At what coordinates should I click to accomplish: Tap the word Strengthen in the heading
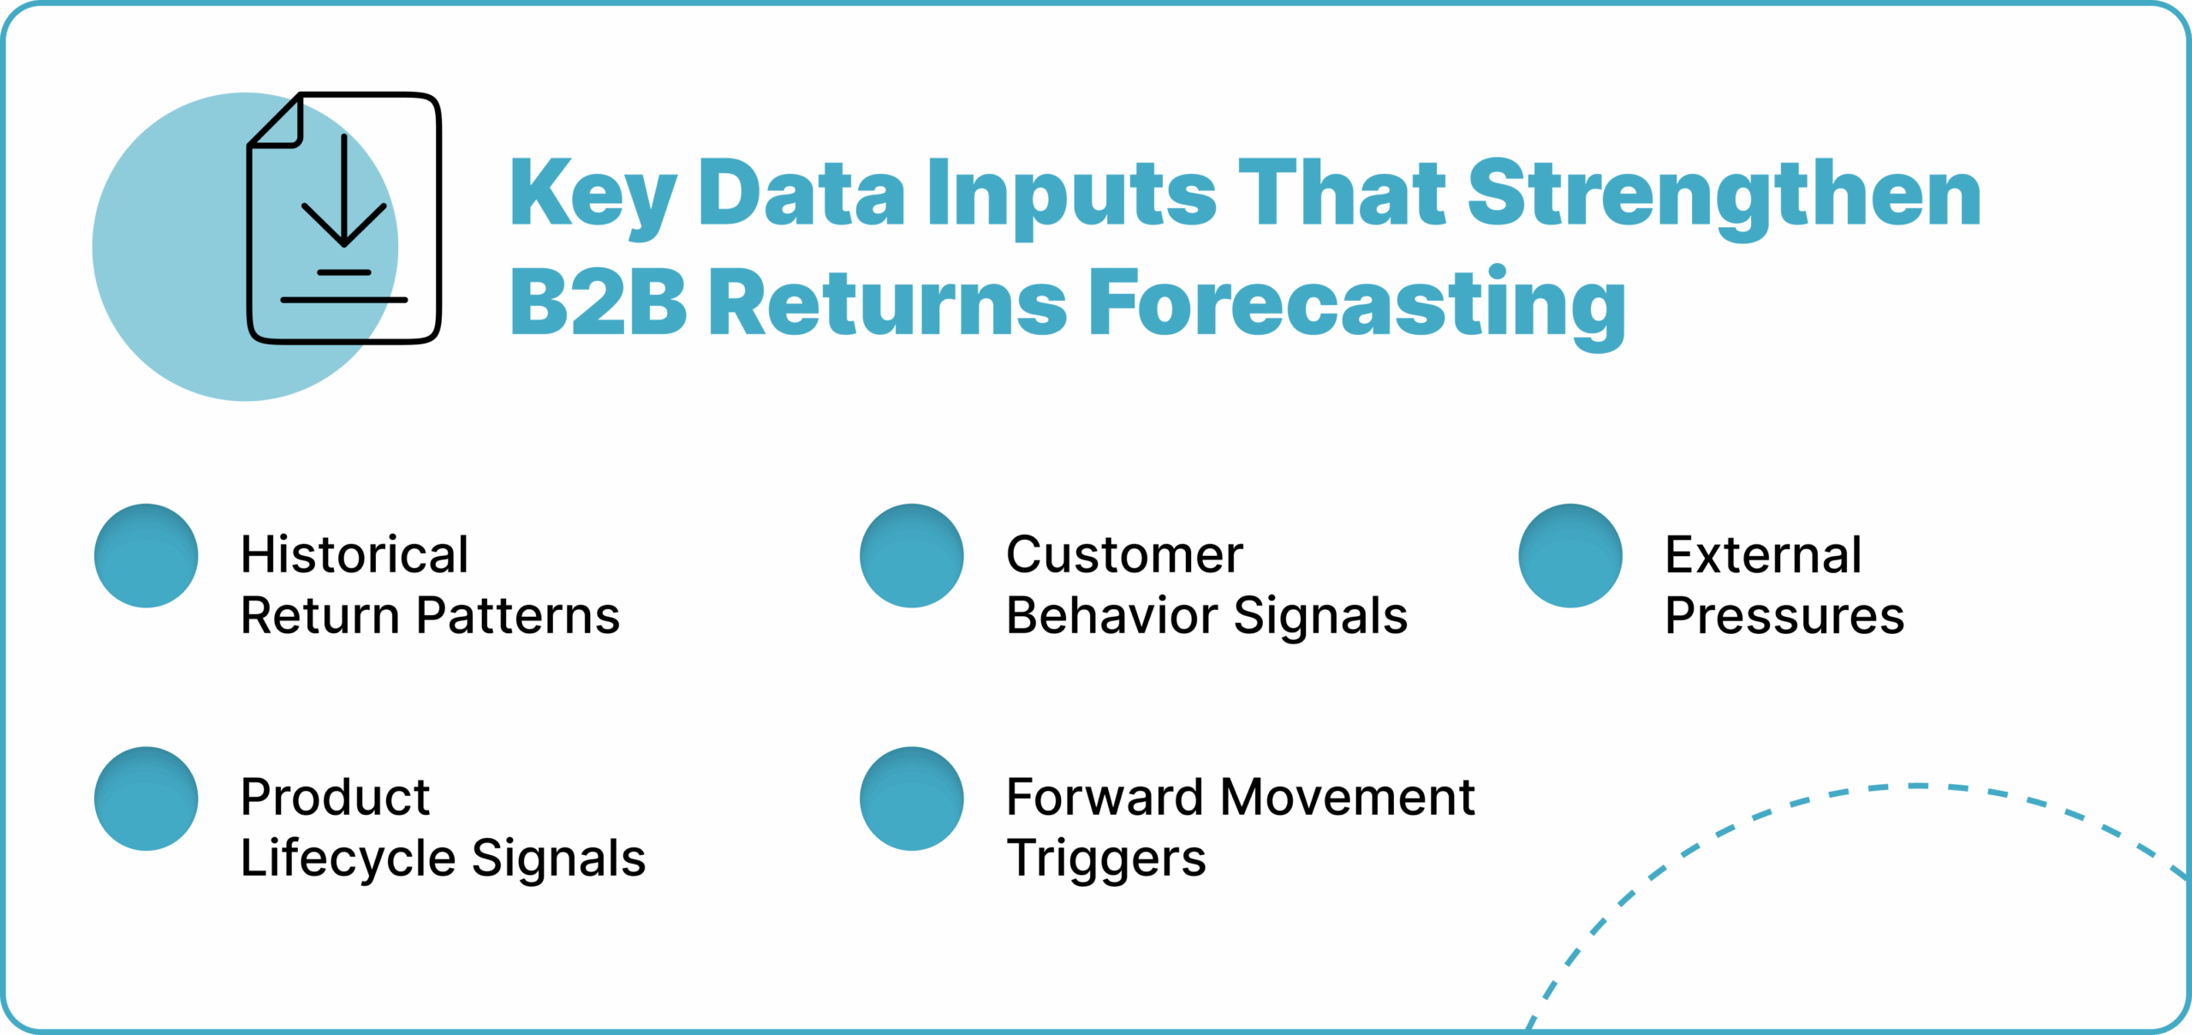pos(1724,195)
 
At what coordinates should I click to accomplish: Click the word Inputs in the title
pos(1071,195)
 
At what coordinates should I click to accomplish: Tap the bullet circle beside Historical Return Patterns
pos(146,556)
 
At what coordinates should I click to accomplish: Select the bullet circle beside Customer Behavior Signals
pos(912,556)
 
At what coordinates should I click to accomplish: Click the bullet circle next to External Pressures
pos(1570,556)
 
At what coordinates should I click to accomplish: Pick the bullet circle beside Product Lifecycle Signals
pos(146,799)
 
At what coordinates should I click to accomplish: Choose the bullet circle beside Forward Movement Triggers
pos(912,799)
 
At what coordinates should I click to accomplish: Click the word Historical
pos(354,555)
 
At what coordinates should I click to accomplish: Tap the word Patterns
pos(518,616)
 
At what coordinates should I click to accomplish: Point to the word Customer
pos(1124,555)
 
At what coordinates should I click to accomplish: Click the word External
pos(1763,555)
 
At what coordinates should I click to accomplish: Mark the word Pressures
pos(1784,616)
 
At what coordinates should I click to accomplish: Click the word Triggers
pos(1106,859)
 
